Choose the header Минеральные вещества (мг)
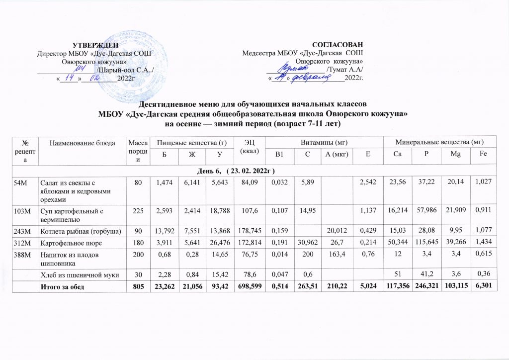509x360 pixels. coord(440,142)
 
